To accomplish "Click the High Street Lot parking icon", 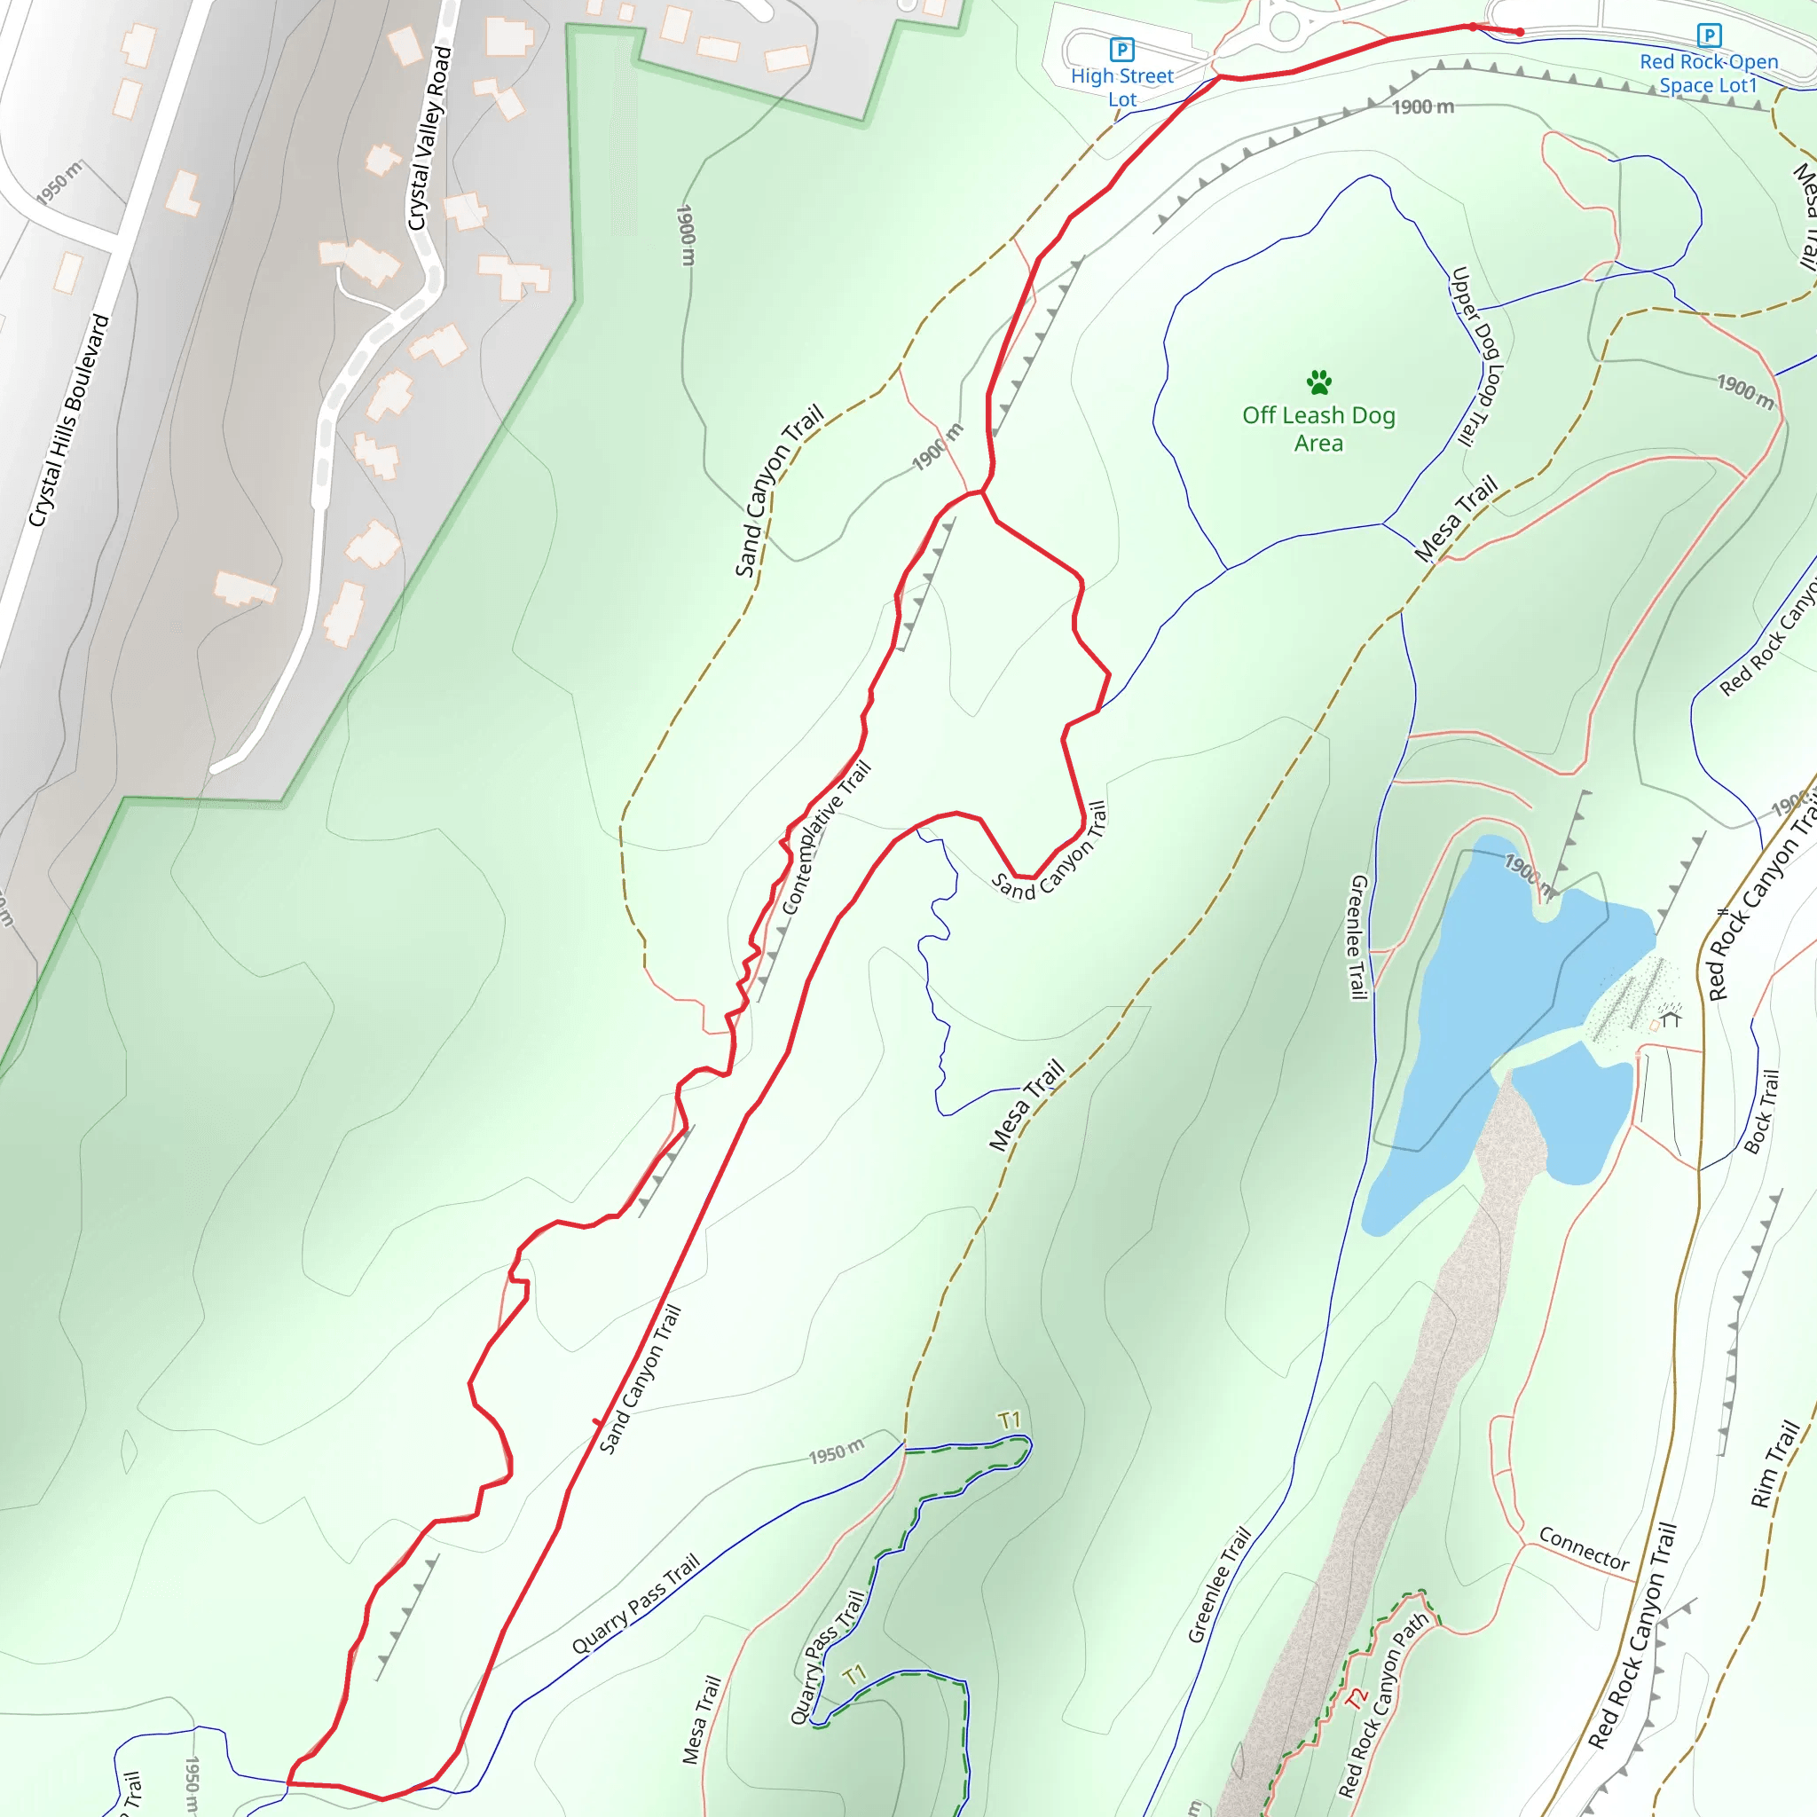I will (x=1121, y=48).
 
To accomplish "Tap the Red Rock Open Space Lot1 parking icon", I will (x=1709, y=35).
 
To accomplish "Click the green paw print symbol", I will (x=1318, y=381).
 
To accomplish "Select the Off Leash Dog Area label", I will (x=1318, y=429).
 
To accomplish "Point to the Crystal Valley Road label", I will (x=429, y=139).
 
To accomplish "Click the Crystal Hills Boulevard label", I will (x=68, y=421).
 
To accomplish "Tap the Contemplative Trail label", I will (x=827, y=837).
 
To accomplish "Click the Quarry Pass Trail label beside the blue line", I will (x=636, y=1603).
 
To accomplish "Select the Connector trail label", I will (x=1584, y=1548).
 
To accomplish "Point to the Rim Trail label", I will (x=1774, y=1464).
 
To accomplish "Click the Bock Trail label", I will (x=1761, y=1112).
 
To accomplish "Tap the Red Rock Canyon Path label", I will (x=1383, y=1704).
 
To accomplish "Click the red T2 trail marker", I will (x=1354, y=1698).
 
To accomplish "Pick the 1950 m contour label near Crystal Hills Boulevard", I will (x=59, y=183).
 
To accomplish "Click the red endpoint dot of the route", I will (x=1520, y=32).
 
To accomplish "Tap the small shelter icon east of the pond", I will (x=1671, y=1019).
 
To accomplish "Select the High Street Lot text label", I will (x=1122, y=88).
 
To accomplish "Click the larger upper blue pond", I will (x=1505, y=997).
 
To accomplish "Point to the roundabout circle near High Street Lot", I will (x=1284, y=26).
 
